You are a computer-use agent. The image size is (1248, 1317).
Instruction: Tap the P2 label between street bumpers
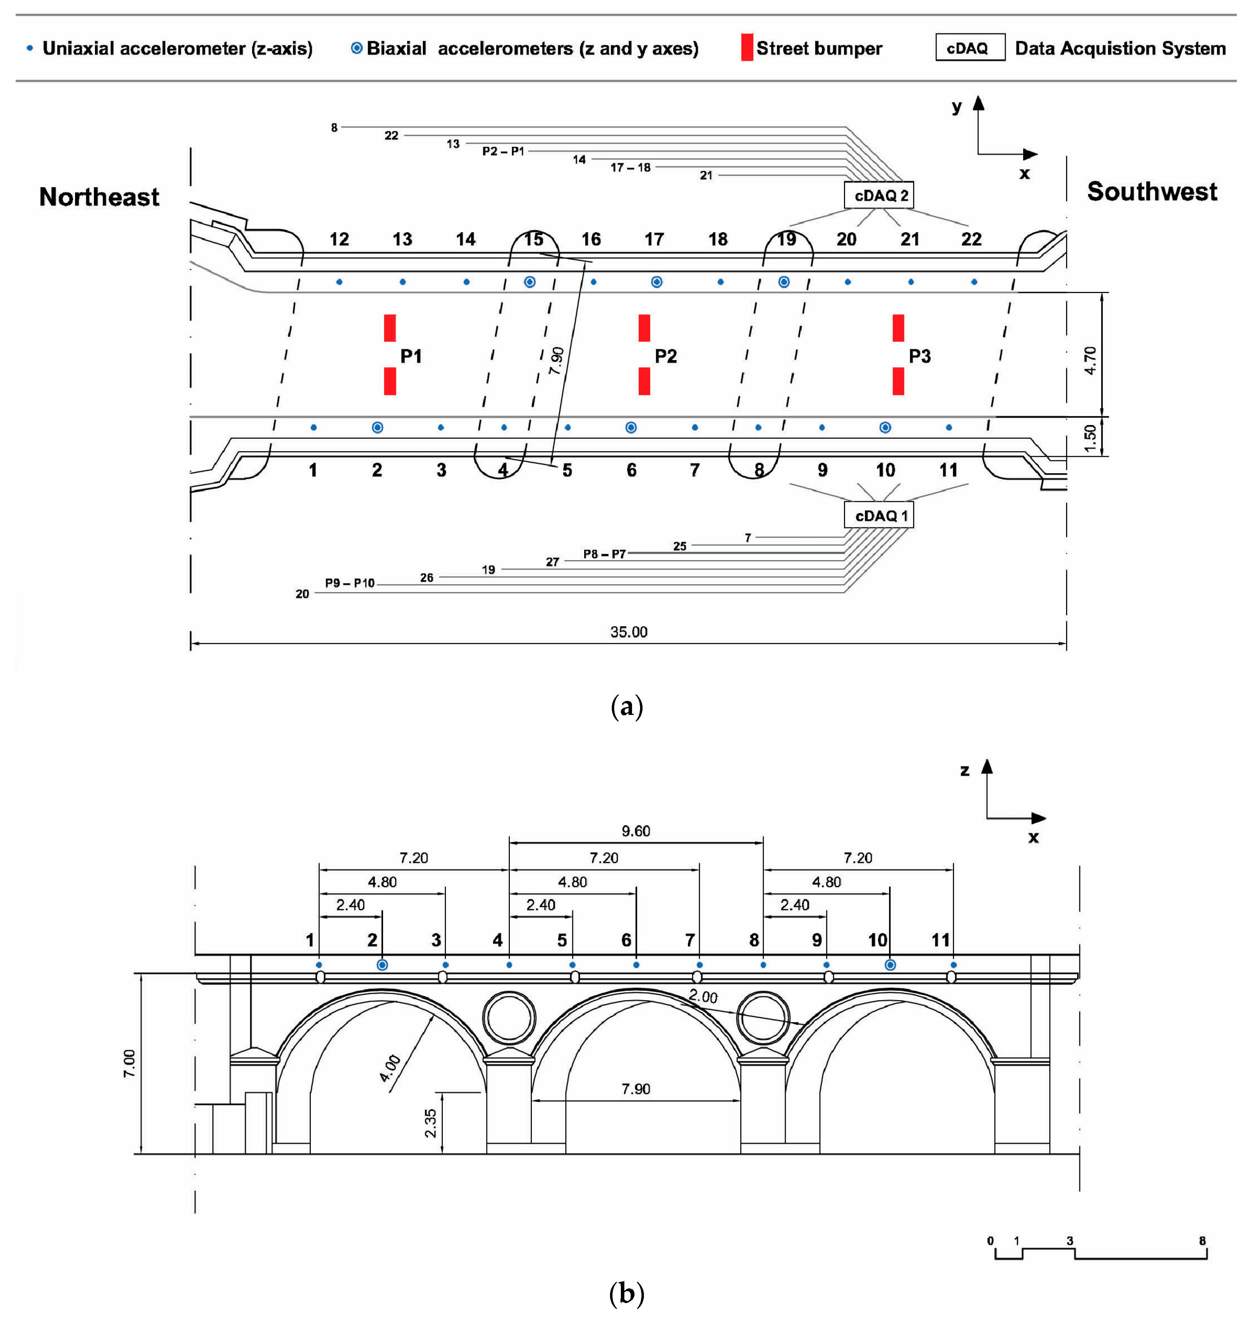[x=665, y=356]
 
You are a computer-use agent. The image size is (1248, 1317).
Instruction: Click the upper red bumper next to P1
[x=390, y=328]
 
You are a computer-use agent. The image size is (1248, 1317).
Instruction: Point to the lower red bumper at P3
[x=898, y=381]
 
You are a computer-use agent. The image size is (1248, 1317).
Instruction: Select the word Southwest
[x=1152, y=192]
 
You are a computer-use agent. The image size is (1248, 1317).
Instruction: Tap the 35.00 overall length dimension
[x=629, y=631]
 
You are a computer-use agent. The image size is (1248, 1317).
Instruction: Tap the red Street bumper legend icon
[x=747, y=48]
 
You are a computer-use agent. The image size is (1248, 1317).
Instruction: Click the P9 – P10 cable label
[x=349, y=583]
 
